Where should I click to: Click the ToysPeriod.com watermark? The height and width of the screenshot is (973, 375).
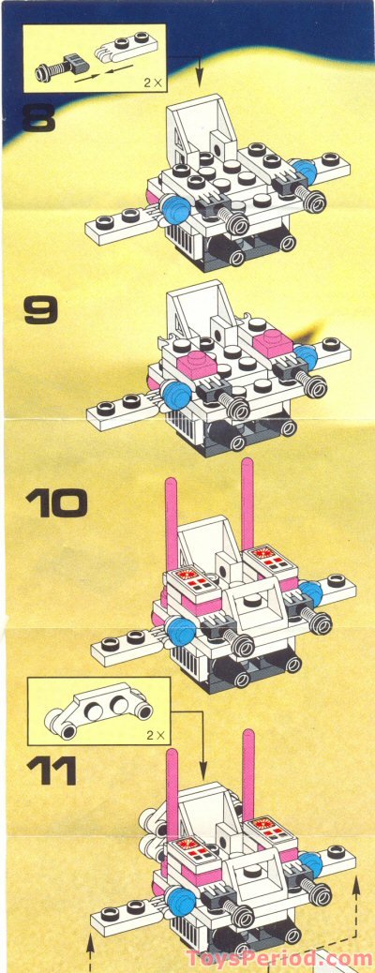pyautogui.click(x=279, y=958)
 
